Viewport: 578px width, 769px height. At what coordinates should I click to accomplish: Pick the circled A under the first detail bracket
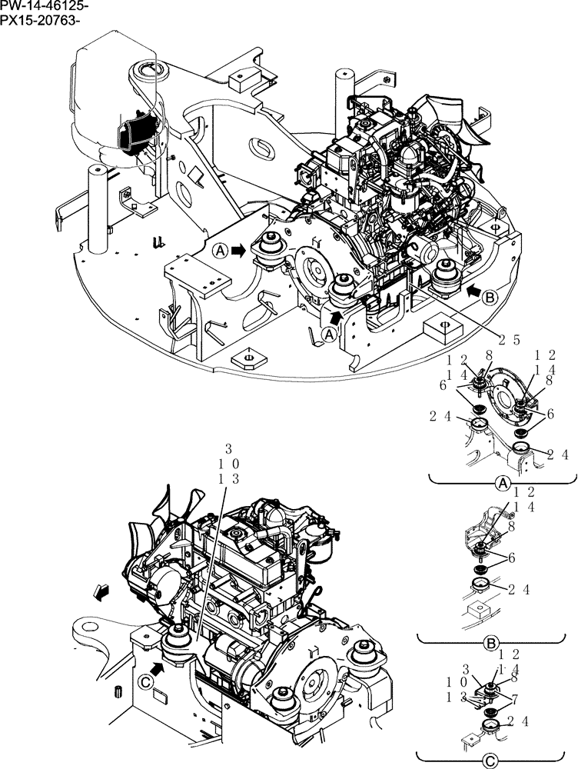point(501,484)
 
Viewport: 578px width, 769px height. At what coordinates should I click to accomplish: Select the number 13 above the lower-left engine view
point(228,479)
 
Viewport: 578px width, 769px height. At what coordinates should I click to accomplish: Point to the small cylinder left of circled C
point(117,690)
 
